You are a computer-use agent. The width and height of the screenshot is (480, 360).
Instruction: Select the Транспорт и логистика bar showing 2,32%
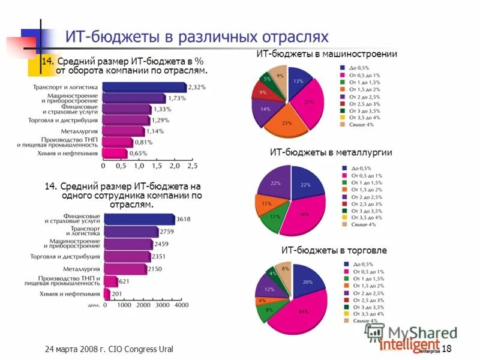click(x=144, y=88)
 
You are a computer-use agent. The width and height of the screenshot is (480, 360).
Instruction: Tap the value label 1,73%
click(x=178, y=98)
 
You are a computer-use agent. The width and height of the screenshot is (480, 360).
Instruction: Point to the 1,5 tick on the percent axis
click(x=156, y=166)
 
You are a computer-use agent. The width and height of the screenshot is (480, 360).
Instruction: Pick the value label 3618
click(x=183, y=219)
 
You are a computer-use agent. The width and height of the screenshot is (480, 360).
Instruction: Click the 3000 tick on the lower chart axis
click(x=161, y=305)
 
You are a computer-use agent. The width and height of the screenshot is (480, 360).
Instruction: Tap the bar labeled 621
click(x=110, y=281)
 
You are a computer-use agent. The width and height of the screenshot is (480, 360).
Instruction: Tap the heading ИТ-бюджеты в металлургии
click(x=331, y=152)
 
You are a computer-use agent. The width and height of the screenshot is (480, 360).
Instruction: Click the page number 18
click(x=446, y=349)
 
